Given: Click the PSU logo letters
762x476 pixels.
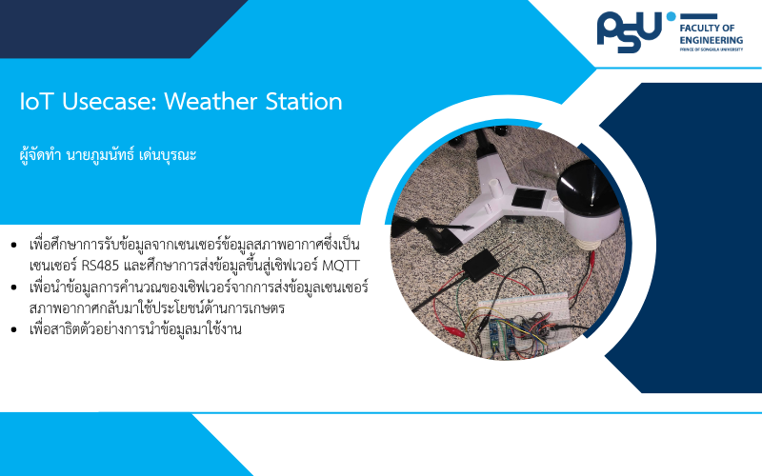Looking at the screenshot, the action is [630, 31].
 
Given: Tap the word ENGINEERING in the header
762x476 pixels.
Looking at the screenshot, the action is [711, 40].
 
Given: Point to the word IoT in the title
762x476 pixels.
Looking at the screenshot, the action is [36, 101].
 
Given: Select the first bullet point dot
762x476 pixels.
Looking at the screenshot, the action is [13, 245].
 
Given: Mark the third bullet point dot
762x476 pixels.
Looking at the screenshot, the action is [13, 329].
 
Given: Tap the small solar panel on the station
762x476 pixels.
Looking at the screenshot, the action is [528, 198].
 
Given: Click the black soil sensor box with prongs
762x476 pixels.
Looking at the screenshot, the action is [480, 266].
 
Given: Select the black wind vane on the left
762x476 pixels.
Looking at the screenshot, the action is [428, 233].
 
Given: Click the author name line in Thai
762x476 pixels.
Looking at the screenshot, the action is [108, 155].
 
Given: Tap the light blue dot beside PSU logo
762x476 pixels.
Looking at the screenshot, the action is [672, 16].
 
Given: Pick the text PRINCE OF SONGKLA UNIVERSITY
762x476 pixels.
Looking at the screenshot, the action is [711, 50].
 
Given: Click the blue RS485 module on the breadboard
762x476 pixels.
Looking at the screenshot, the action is [494, 335].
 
